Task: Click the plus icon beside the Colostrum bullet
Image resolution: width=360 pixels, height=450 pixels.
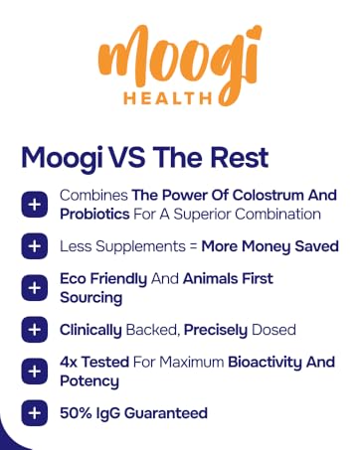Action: [35, 204]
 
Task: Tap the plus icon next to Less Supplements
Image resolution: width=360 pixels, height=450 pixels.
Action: [35, 245]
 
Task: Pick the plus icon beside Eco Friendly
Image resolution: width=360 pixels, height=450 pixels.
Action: [35, 288]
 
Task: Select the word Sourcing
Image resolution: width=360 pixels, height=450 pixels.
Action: [92, 298]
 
